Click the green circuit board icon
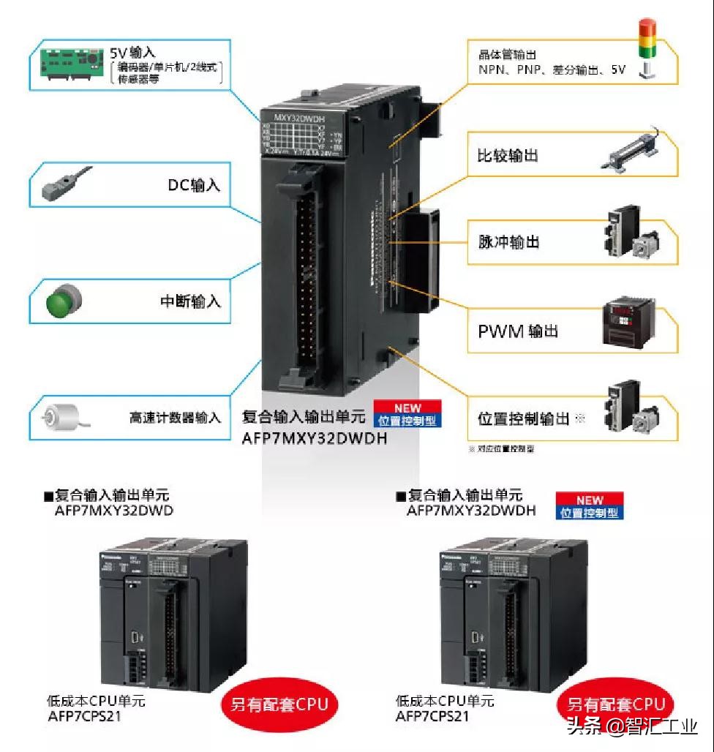tap(70, 65)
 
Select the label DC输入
tap(194, 185)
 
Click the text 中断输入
tap(190, 301)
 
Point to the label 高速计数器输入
tap(175, 418)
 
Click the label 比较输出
tap(508, 156)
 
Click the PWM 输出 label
tap(518, 331)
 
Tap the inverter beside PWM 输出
tap(631, 323)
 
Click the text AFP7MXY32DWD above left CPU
tap(114, 511)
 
